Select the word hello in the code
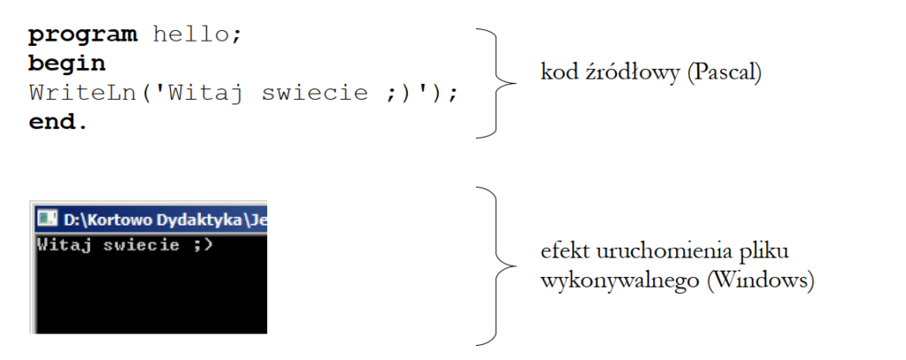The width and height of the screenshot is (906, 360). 192,34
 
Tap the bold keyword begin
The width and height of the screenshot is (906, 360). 67,65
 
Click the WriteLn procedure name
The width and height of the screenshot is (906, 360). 81,93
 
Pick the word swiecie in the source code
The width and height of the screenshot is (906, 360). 314,93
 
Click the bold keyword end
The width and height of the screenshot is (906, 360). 52,121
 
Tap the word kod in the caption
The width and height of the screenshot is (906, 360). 557,73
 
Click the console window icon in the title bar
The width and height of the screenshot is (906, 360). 47,218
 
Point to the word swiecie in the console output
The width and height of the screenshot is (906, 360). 141,245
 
